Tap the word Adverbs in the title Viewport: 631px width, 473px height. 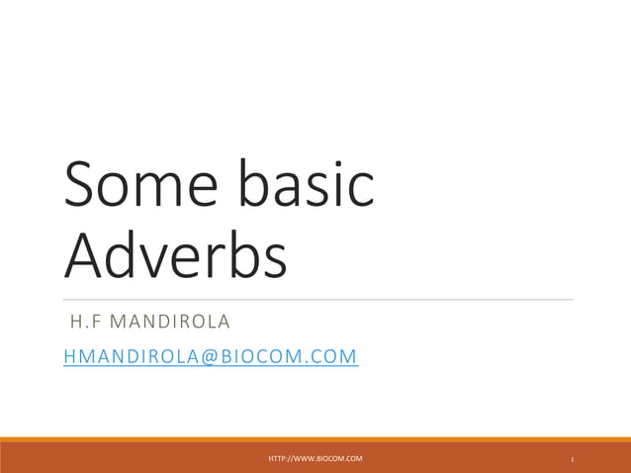tap(176, 254)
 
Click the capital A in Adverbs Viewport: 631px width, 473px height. tap(83, 254)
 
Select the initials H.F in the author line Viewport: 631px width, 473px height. tap(84, 323)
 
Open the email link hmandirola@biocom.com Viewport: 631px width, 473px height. tap(211, 355)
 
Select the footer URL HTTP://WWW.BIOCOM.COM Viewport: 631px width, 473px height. tap(315, 458)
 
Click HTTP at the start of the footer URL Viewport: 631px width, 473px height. tap(278, 458)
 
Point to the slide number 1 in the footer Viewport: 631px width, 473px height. tap(573, 459)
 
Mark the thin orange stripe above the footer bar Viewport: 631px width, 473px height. tap(315, 439)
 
